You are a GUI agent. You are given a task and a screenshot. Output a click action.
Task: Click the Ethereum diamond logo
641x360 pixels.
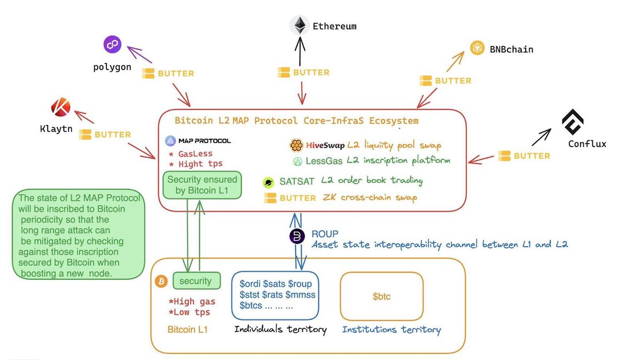point(300,26)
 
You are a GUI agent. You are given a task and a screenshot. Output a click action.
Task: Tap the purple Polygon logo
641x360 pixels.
point(113,44)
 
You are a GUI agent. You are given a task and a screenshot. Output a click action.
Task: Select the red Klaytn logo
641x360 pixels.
point(61,107)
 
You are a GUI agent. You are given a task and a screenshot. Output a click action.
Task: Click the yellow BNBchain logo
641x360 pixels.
point(477,48)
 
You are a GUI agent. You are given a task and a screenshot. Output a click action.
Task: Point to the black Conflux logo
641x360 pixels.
point(573,122)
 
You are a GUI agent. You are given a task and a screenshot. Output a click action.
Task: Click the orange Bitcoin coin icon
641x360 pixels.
point(161,281)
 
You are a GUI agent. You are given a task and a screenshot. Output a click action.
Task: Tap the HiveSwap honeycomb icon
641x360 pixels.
point(296,145)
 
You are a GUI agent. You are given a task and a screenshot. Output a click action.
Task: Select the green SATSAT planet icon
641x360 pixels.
point(268,182)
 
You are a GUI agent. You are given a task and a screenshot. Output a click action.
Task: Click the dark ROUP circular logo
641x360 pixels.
point(297,237)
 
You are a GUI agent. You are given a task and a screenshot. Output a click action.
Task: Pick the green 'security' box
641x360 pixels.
point(197,281)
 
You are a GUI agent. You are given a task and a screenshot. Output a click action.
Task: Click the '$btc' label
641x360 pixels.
point(381,296)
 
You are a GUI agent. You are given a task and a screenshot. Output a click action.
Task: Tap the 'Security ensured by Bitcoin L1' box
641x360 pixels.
point(202,185)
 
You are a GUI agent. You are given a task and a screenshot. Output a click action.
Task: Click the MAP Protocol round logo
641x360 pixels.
point(170,141)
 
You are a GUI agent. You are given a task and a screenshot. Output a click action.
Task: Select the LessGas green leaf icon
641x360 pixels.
point(298,161)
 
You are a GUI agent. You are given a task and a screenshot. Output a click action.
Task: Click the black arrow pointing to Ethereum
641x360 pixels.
point(300,51)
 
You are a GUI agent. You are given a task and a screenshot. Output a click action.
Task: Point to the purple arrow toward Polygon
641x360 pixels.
point(139,54)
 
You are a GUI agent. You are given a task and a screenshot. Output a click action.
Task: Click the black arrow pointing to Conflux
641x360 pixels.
point(542,137)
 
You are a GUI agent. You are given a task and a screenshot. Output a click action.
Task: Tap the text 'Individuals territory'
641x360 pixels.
point(280,330)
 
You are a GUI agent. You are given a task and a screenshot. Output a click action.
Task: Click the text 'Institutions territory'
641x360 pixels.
point(392,330)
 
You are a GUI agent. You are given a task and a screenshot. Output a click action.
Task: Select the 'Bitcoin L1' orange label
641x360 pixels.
point(187,330)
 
